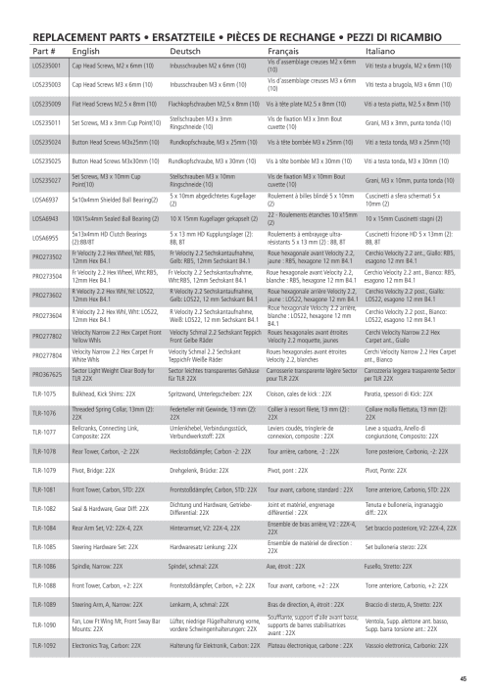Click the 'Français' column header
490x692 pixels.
284,48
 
